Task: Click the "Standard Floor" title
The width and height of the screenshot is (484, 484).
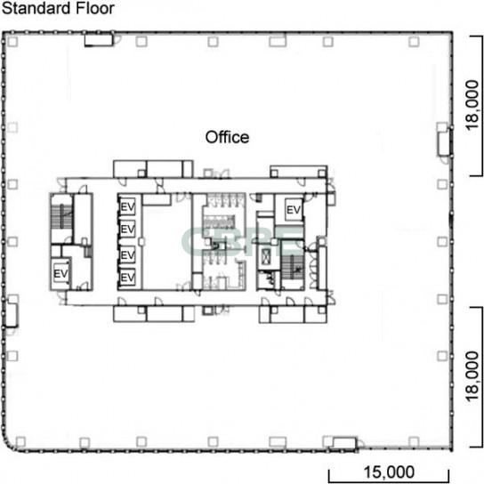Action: (x=58, y=8)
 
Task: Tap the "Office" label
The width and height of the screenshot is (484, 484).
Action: (x=227, y=137)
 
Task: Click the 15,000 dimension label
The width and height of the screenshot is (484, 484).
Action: (x=389, y=472)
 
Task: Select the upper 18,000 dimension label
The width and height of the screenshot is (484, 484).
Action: (x=472, y=105)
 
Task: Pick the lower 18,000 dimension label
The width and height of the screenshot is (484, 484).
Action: (x=472, y=376)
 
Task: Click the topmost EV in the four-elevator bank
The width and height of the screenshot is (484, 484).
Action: (x=127, y=206)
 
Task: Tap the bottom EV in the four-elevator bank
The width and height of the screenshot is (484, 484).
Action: (x=127, y=278)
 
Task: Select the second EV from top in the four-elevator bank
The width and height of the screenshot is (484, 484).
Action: (x=127, y=229)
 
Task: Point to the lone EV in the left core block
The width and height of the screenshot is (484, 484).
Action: (x=60, y=273)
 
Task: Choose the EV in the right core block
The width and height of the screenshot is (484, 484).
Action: (x=294, y=210)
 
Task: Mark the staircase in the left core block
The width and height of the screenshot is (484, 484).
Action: (x=61, y=217)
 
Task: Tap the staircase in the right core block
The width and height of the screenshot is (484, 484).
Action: (x=293, y=267)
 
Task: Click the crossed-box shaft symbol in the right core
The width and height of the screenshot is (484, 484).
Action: (x=266, y=255)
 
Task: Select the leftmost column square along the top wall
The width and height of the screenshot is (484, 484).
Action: (x=12, y=41)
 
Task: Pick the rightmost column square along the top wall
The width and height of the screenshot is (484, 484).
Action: (x=414, y=41)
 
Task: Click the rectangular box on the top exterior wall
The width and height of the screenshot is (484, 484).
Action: (x=99, y=40)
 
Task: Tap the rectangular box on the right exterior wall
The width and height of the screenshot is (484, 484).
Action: (x=444, y=142)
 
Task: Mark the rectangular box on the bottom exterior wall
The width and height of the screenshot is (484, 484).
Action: (x=344, y=443)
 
